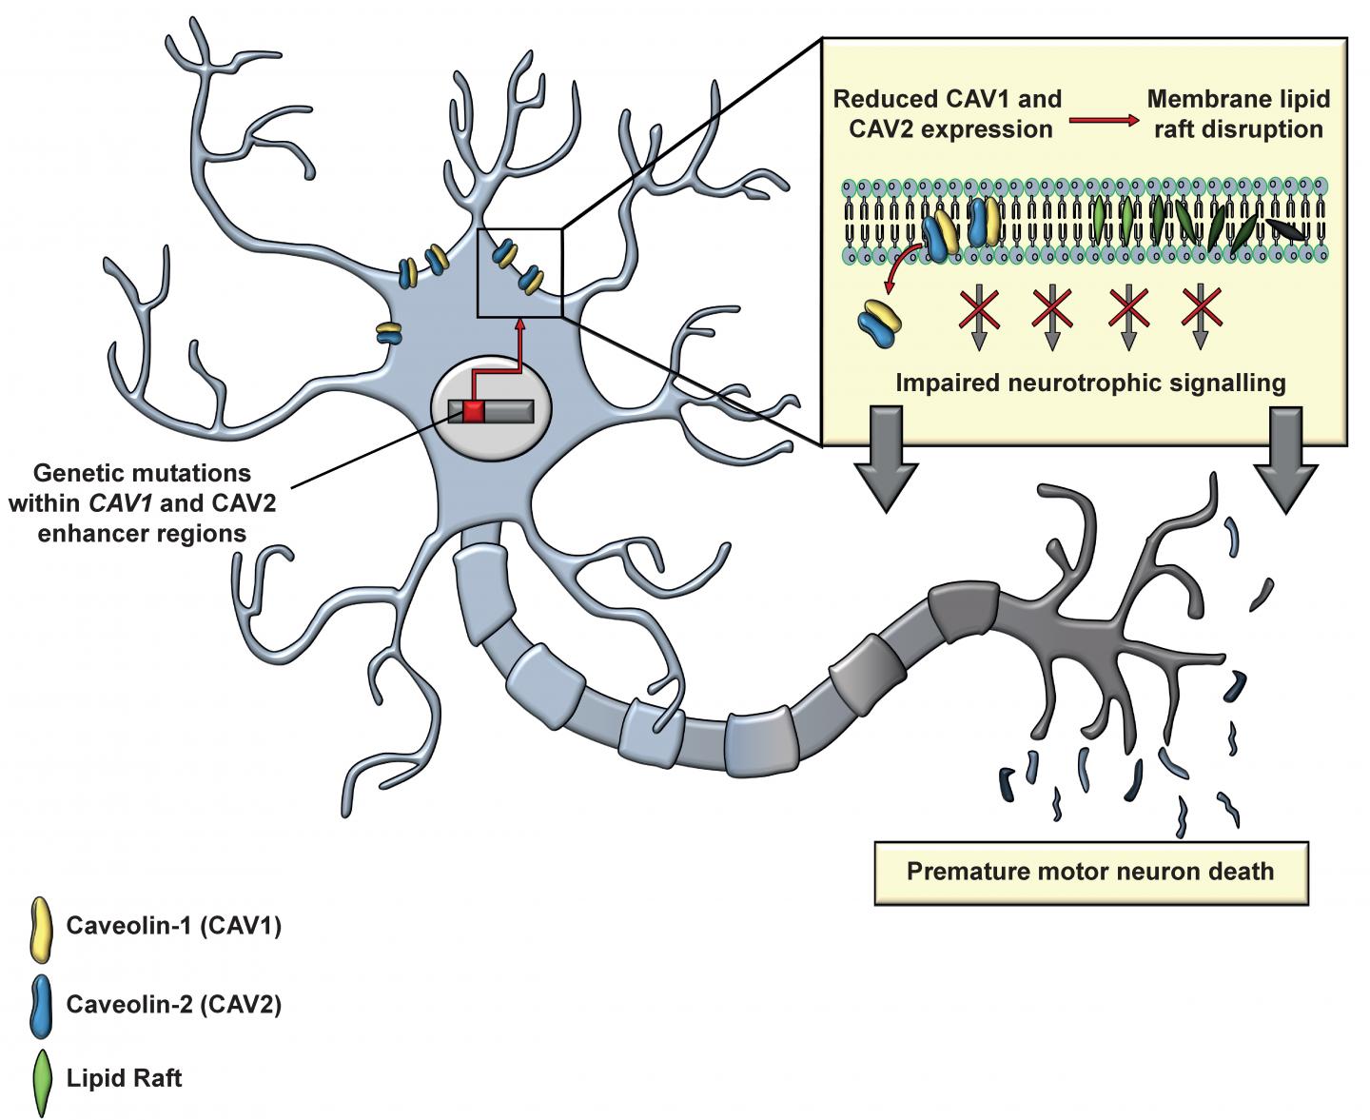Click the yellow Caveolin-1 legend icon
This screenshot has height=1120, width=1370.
pos(40,927)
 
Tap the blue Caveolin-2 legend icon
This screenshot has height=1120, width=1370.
pos(40,1004)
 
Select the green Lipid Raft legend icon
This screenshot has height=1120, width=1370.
pos(41,1081)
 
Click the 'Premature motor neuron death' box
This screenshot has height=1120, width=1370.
pos(1090,872)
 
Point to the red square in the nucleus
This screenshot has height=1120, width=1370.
pos(474,410)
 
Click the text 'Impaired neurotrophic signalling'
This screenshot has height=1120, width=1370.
pos(1090,383)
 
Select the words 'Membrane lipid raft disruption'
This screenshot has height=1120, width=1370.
pos(1238,114)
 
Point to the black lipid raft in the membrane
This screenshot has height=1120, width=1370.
pos(1284,229)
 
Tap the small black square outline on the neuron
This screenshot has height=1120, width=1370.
pos(519,272)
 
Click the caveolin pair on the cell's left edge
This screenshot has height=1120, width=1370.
pos(388,333)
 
